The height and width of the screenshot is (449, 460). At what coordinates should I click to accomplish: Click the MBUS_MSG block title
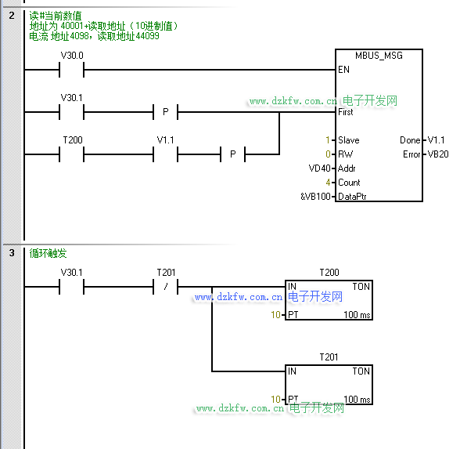coord(379,56)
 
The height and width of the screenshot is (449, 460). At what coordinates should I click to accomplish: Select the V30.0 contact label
coord(72,55)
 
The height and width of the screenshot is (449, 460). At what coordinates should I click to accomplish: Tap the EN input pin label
coord(343,70)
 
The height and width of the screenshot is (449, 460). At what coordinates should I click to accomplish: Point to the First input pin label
coord(346,112)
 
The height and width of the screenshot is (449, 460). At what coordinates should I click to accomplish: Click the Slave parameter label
coord(349,140)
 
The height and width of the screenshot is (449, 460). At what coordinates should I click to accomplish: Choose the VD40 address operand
coord(319,168)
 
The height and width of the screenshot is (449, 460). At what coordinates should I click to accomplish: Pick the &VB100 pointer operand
coord(316,196)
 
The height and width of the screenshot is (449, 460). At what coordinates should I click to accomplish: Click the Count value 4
coord(328,183)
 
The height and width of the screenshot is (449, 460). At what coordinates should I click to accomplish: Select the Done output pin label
coord(410,140)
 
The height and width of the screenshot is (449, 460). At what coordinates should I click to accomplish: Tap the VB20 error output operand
coord(438,154)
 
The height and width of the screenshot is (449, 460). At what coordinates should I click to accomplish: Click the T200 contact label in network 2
coord(73,139)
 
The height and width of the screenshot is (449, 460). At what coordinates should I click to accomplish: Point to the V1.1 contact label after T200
coord(166,139)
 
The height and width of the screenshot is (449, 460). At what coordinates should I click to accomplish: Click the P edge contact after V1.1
coord(233,154)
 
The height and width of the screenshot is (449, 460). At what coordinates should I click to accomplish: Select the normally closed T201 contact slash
coord(166,287)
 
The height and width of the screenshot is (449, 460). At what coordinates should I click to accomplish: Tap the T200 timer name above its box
coord(329,273)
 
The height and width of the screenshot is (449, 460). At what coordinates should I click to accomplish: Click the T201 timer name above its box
coord(329,357)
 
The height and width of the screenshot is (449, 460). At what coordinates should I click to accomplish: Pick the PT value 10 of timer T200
coord(275,315)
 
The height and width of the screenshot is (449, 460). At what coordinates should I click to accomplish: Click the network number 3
coord(12,252)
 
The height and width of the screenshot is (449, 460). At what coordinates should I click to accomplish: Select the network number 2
coord(12,16)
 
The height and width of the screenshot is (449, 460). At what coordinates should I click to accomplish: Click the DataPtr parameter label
coord(352,196)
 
